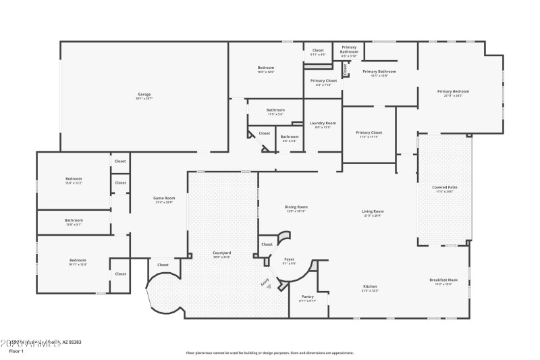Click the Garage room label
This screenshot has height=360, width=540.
point(144,94)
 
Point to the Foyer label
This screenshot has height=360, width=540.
point(289,259)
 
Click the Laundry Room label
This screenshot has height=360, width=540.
point(323,123)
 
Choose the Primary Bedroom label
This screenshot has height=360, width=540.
point(453,91)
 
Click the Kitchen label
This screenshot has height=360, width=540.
point(369,286)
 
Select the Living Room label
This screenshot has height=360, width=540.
point(373,212)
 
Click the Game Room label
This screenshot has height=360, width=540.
point(164,198)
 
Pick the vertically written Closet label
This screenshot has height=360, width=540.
point(346,68)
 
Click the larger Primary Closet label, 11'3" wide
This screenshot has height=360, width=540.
point(369,132)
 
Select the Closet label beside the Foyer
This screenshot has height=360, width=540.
point(267,244)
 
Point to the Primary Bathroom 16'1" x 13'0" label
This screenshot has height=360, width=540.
point(379,72)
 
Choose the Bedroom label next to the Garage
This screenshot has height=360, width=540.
point(265,68)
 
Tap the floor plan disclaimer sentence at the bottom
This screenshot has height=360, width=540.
point(270,353)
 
